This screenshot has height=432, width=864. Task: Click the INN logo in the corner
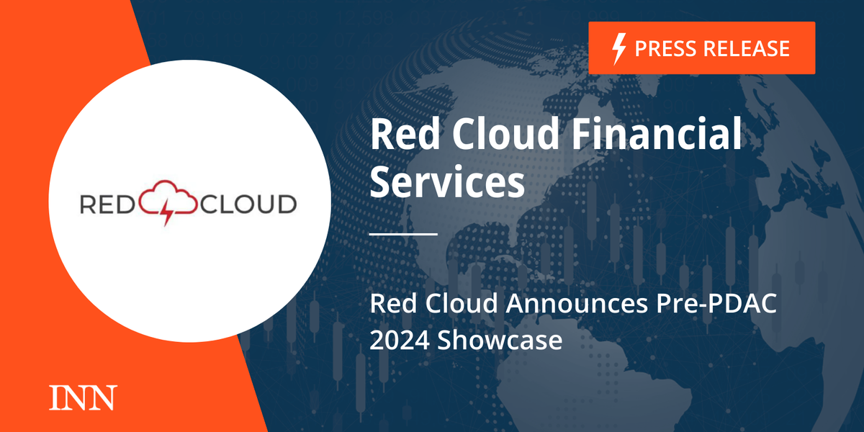tap(82, 398)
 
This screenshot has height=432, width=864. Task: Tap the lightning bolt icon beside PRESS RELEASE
tap(618, 48)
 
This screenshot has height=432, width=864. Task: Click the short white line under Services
tap(403, 234)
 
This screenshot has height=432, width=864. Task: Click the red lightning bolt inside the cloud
tap(168, 210)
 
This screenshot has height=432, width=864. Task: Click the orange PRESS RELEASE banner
tap(702, 48)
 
